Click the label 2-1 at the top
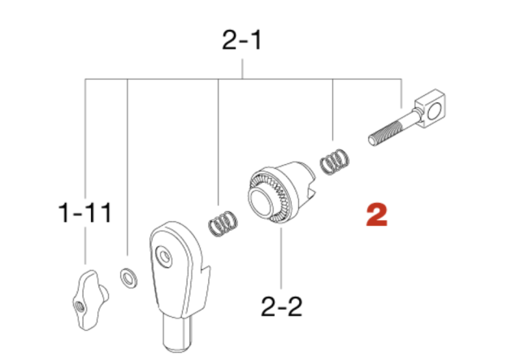(242, 40)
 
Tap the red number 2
(377, 215)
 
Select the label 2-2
(282, 306)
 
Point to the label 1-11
(84, 213)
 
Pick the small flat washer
(128, 278)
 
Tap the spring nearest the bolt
(335, 162)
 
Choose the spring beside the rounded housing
(223, 223)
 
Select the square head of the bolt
(430, 108)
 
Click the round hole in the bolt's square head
(434, 111)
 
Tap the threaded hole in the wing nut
(80, 307)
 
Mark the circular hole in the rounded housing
(164, 256)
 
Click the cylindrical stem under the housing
(177, 333)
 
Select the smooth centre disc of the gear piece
(262, 202)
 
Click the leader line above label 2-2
(282, 258)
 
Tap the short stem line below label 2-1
(242, 69)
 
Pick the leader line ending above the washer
(128, 167)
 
